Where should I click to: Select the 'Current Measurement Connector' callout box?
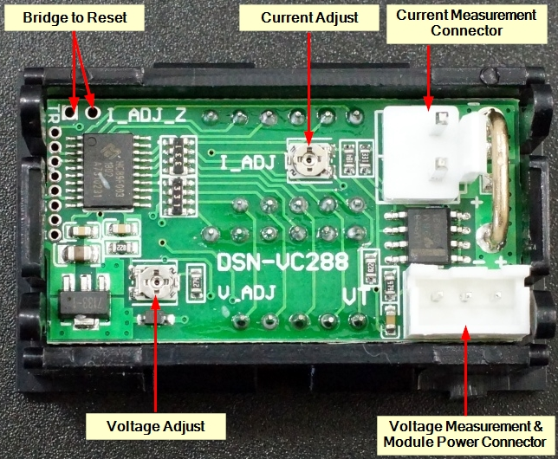[466, 24]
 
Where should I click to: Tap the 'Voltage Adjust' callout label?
[155, 425]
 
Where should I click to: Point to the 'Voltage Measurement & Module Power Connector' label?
[466, 435]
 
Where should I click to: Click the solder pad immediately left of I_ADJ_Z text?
[93, 112]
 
